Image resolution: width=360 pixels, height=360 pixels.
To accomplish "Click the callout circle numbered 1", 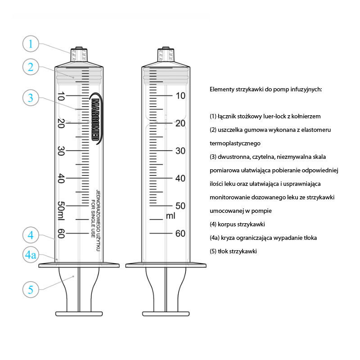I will coord(31,44).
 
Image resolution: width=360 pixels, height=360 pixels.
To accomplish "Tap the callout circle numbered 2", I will coord(31,67).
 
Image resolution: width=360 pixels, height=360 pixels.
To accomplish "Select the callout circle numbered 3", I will coord(31,97).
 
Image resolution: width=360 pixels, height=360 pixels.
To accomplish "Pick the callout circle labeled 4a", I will coord(31,255).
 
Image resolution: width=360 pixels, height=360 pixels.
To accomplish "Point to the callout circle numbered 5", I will coord(31,289).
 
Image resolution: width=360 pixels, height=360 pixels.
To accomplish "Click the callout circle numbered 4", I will coord(31,234).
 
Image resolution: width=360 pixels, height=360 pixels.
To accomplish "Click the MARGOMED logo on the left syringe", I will coord(95,118).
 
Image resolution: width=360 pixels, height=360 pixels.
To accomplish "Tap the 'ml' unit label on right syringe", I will coord(171,216).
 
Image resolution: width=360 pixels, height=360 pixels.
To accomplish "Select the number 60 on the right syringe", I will coord(180,234).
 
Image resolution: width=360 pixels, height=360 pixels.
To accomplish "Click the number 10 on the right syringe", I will coord(180,95).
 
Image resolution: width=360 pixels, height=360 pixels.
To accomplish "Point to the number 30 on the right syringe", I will coord(180,151).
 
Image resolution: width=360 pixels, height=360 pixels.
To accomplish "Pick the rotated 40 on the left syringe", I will coord(61,179).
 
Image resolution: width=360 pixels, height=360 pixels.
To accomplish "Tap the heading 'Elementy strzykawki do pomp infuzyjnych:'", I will coord(265,90).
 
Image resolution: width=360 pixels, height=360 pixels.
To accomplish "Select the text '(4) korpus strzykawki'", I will coord(237,224).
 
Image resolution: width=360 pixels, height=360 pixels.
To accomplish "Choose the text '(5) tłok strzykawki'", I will coord(233,251).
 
